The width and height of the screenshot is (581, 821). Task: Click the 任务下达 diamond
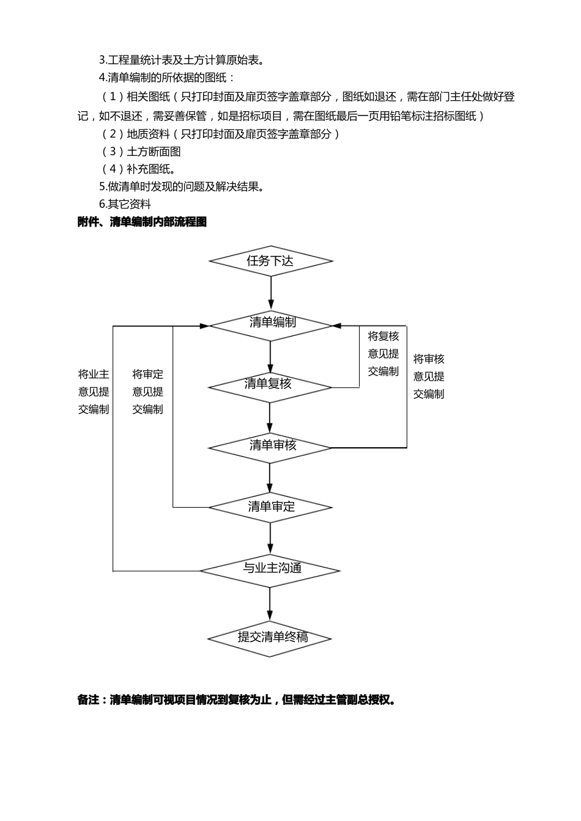pos(270,261)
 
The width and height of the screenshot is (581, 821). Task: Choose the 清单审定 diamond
pos(270,507)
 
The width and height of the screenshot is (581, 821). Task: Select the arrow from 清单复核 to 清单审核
pos(270,417)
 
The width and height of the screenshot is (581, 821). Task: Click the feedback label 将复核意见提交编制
pos(383,354)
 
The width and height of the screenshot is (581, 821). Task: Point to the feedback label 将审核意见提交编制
pos(429,376)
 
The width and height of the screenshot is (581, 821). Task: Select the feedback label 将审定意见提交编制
pos(148,392)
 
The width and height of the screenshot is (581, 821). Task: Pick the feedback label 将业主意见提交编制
pos(94,392)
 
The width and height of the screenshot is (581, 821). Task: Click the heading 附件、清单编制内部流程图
pos(142,222)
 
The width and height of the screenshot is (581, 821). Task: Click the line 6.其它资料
pos(125,205)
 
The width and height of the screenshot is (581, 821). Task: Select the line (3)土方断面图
pos(141,151)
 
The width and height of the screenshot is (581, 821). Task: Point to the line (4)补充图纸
pos(138,169)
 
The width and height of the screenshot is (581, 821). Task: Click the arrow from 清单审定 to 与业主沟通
pos(270,538)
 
